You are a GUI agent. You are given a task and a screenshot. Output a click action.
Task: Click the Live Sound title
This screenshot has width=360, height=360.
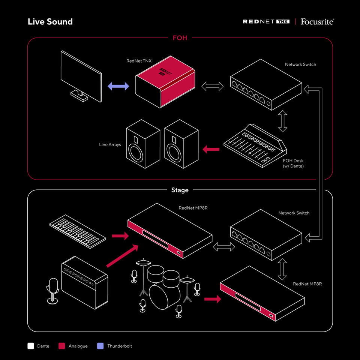click(x=50, y=22)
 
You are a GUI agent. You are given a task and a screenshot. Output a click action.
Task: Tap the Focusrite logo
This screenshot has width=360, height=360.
click(x=317, y=22)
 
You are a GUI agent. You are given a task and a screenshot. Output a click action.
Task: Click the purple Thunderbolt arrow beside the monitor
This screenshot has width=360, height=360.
click(x=118, y=86)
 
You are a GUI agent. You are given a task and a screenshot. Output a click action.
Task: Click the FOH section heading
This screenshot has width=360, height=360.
click(x=180, y=38)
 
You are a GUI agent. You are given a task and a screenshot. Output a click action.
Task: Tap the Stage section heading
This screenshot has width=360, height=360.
click(x=180, y=190)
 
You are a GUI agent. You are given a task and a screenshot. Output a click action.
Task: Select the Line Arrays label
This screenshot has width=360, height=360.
click(x=110, y=145)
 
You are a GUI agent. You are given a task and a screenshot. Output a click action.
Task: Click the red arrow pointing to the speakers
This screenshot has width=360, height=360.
click(x=211, y=150)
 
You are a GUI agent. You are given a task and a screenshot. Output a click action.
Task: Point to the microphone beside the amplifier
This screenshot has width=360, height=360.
click(x=52, y=289)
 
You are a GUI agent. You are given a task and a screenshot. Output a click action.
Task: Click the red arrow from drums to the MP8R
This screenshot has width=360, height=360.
click(x=212, y=299)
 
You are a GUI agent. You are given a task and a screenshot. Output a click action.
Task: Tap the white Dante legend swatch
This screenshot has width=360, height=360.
click(x=31, y=346)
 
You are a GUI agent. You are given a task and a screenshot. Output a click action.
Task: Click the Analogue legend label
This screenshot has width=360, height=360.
click(x=78, y=346)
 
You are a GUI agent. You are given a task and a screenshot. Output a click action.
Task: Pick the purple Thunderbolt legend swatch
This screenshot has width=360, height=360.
click(x=100, y=346)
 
